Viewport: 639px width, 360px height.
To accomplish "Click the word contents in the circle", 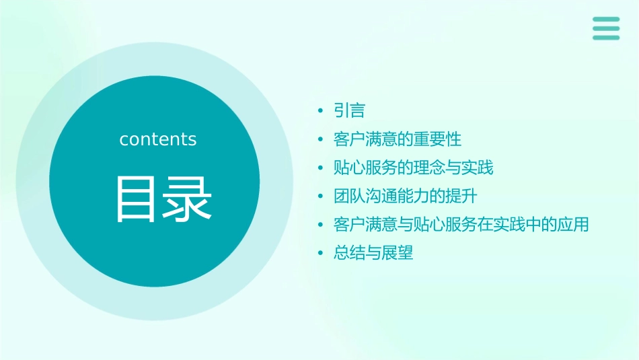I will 158,139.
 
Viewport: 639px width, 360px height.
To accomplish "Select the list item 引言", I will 349,110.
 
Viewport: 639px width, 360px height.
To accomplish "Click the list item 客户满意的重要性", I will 398,139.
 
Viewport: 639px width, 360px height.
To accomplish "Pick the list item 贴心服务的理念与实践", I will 413,168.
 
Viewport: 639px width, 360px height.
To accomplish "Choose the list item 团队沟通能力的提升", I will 405,196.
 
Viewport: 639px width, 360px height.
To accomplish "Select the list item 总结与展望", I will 373,253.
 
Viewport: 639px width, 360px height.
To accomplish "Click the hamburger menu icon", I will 606,28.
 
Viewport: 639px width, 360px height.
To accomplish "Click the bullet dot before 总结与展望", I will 320,254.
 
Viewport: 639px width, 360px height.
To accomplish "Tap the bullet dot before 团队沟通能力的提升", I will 320,197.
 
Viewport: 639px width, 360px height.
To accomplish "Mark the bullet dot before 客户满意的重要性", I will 320,140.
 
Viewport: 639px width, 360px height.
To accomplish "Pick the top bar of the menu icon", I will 606,20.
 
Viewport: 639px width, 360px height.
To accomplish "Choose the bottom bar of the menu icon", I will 606,38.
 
